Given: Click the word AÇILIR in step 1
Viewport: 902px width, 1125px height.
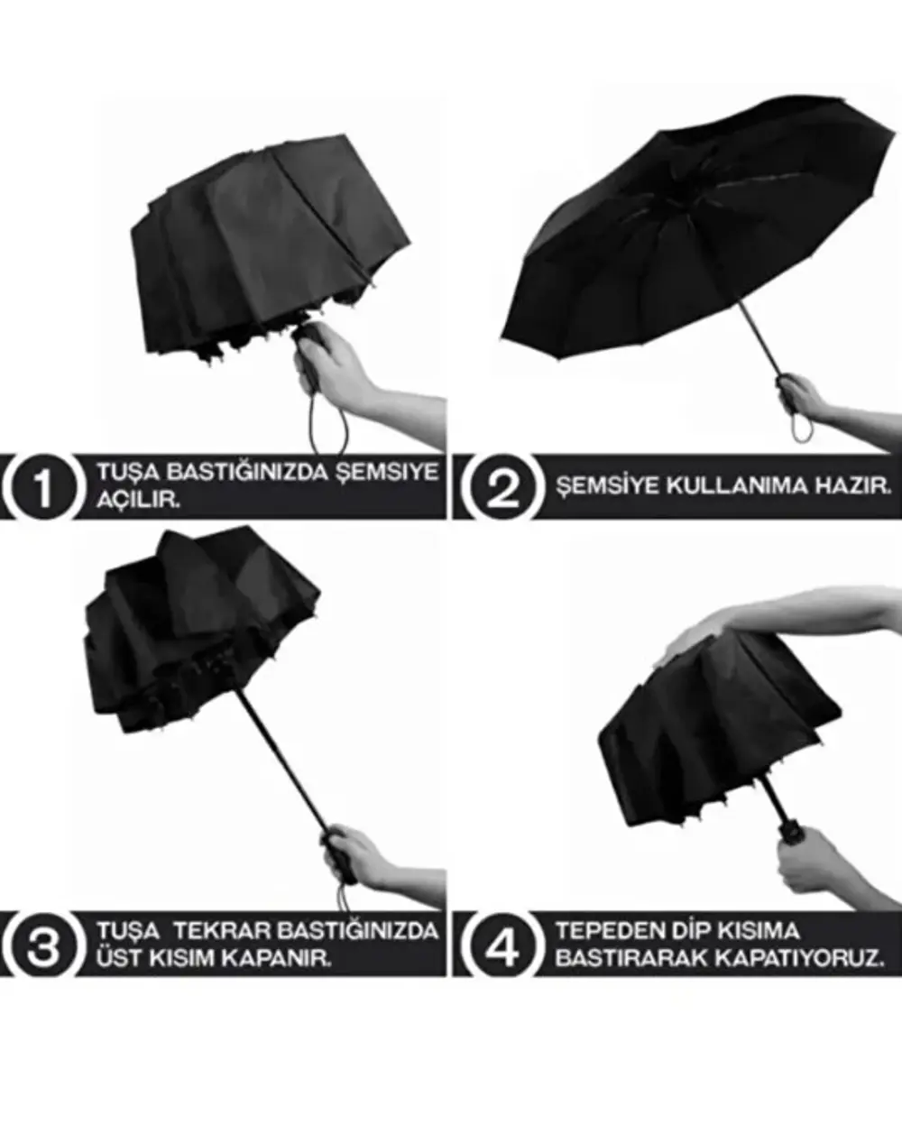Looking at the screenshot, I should [x=138, y=501].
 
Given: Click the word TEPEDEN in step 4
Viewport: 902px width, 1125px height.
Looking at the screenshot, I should [x=600, y=930].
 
